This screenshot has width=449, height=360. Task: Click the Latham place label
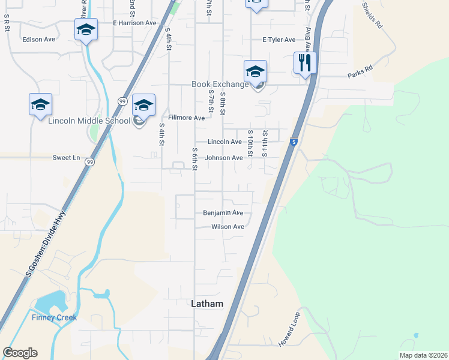pos(206,304)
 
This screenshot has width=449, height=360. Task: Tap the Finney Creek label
pos(55,317)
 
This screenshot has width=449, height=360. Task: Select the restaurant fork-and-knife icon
pos(305,62)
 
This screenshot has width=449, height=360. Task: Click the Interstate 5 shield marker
pos(294,142)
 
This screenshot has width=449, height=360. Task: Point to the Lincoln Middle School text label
pos(89,121)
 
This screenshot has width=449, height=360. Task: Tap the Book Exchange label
pos(220,85)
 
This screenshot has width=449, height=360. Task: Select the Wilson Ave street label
pos(228,227)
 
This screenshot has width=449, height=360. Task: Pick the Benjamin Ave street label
pos(223,213)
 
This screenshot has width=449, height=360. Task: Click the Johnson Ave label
pos(223,158)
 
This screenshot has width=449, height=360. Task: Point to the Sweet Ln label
pos(66,158)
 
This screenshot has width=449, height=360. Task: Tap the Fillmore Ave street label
pos(187,118)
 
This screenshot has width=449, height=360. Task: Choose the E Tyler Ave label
pos(279,40)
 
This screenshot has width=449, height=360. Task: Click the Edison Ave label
pos(38,40)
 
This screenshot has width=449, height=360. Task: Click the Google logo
pos(20,353)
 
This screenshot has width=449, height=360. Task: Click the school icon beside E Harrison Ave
pos(86,29)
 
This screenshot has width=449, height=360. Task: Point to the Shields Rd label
pos(372,15)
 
